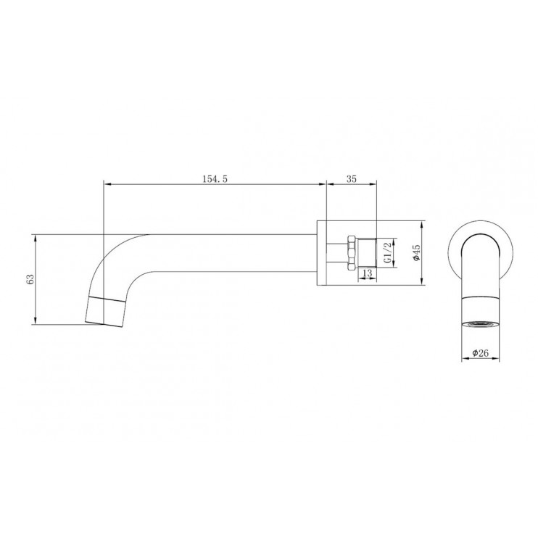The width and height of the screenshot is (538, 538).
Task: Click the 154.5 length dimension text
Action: [x=215, y=179]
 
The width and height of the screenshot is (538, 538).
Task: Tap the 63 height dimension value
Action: [x=30, y=280]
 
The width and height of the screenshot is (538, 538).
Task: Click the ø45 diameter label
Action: [x=416, y=253]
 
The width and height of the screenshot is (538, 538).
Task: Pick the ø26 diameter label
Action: [x=480, y=352]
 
